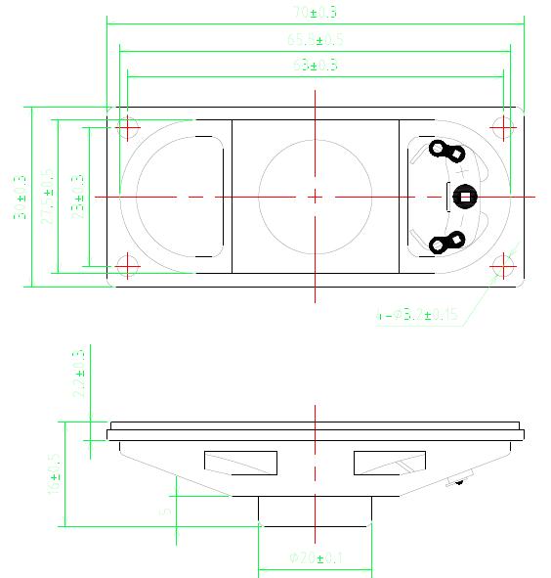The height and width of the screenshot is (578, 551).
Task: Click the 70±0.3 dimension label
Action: (x=316, y=13)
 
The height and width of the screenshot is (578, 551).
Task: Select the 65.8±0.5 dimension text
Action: (x=316, y=39)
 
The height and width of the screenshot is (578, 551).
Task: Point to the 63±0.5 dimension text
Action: (x=316, y=66)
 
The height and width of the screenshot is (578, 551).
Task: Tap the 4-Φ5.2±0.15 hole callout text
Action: (x=418, y=315)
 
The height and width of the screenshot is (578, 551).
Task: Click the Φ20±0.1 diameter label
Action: (x=316, y=557)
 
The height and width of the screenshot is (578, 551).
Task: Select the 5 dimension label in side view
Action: (x=166, y=510)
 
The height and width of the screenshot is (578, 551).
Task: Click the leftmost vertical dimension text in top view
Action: (x=21, y=196)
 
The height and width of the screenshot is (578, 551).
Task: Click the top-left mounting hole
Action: (x=128, y=126)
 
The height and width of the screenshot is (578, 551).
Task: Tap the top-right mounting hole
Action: (x=503, y=126)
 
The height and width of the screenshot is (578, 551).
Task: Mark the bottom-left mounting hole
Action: (x=128, y=264)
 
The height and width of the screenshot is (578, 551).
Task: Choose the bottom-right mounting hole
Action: (x=503, y=264)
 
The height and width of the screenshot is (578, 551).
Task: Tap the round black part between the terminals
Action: (x=464, y=197)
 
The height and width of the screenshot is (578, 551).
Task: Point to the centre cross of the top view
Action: (x=316, y=196)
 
